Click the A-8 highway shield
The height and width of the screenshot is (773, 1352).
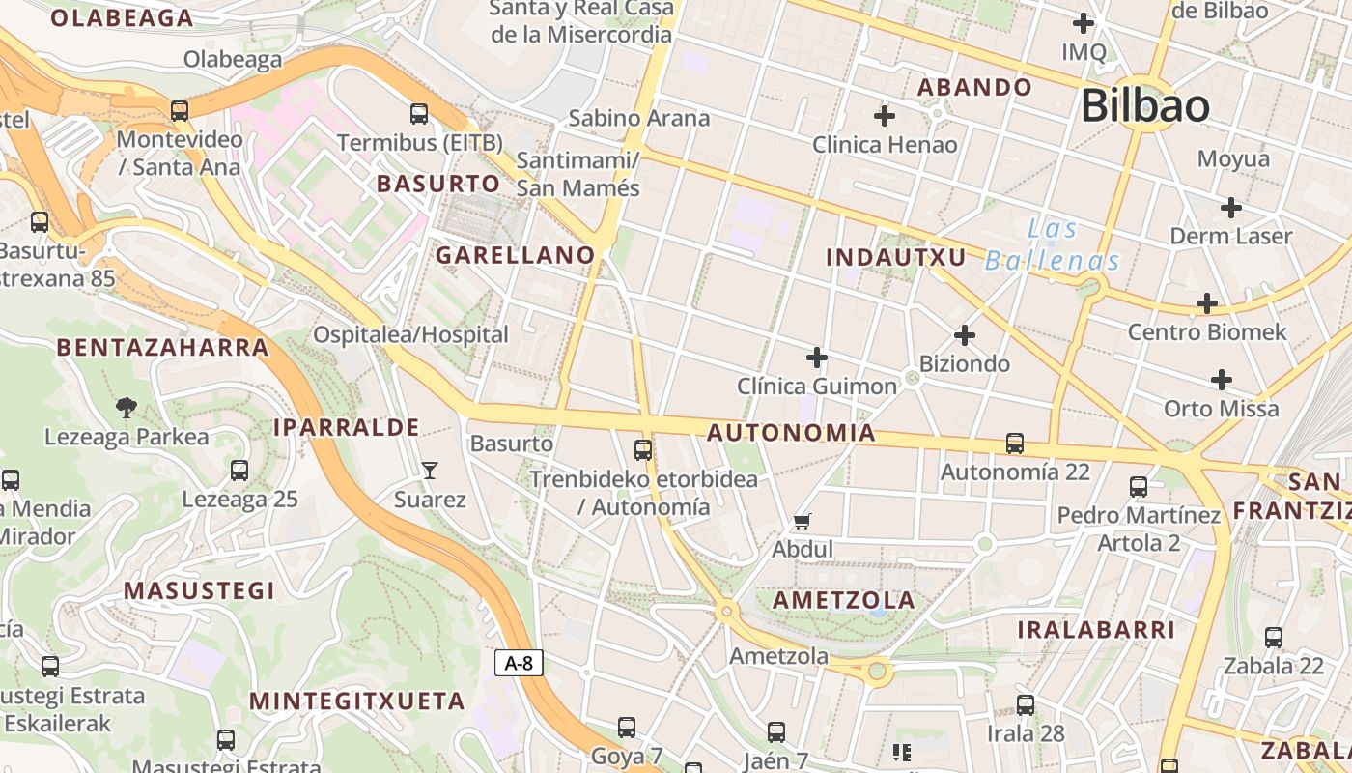tap(519, 663)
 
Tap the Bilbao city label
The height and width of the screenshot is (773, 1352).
tap(1144, 105)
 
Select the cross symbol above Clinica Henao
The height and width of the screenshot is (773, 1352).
tap(884, 117)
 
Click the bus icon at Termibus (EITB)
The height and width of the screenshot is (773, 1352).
tap(419, 114)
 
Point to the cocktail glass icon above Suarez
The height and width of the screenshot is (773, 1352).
tap(430, 471)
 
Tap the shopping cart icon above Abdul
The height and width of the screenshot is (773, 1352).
tap(802, 522)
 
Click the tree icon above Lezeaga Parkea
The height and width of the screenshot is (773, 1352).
tap(126, 408)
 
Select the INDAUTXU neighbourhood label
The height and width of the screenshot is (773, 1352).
tap(896, 257)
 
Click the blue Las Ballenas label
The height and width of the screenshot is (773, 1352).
tap(1053, 244)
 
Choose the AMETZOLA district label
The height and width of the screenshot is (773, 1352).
tap(844, 600)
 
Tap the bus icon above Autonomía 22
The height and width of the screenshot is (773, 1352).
tap(1015, 444)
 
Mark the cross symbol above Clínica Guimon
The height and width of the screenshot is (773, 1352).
tap(817, 358)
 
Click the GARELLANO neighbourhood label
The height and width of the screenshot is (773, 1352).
tap(515, 255)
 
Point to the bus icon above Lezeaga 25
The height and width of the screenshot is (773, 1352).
tap(239, 471)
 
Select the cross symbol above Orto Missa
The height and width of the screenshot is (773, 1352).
tap(1222, 380)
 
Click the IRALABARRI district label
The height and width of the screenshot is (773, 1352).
tap(1096, 630)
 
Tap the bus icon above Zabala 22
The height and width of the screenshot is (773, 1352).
tap(1274, 638)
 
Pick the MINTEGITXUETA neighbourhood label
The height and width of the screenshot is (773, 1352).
tap(357, 701)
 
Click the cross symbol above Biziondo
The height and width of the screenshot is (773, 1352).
tap(964, 335)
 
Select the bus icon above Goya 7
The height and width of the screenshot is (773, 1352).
tap(627, 728)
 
